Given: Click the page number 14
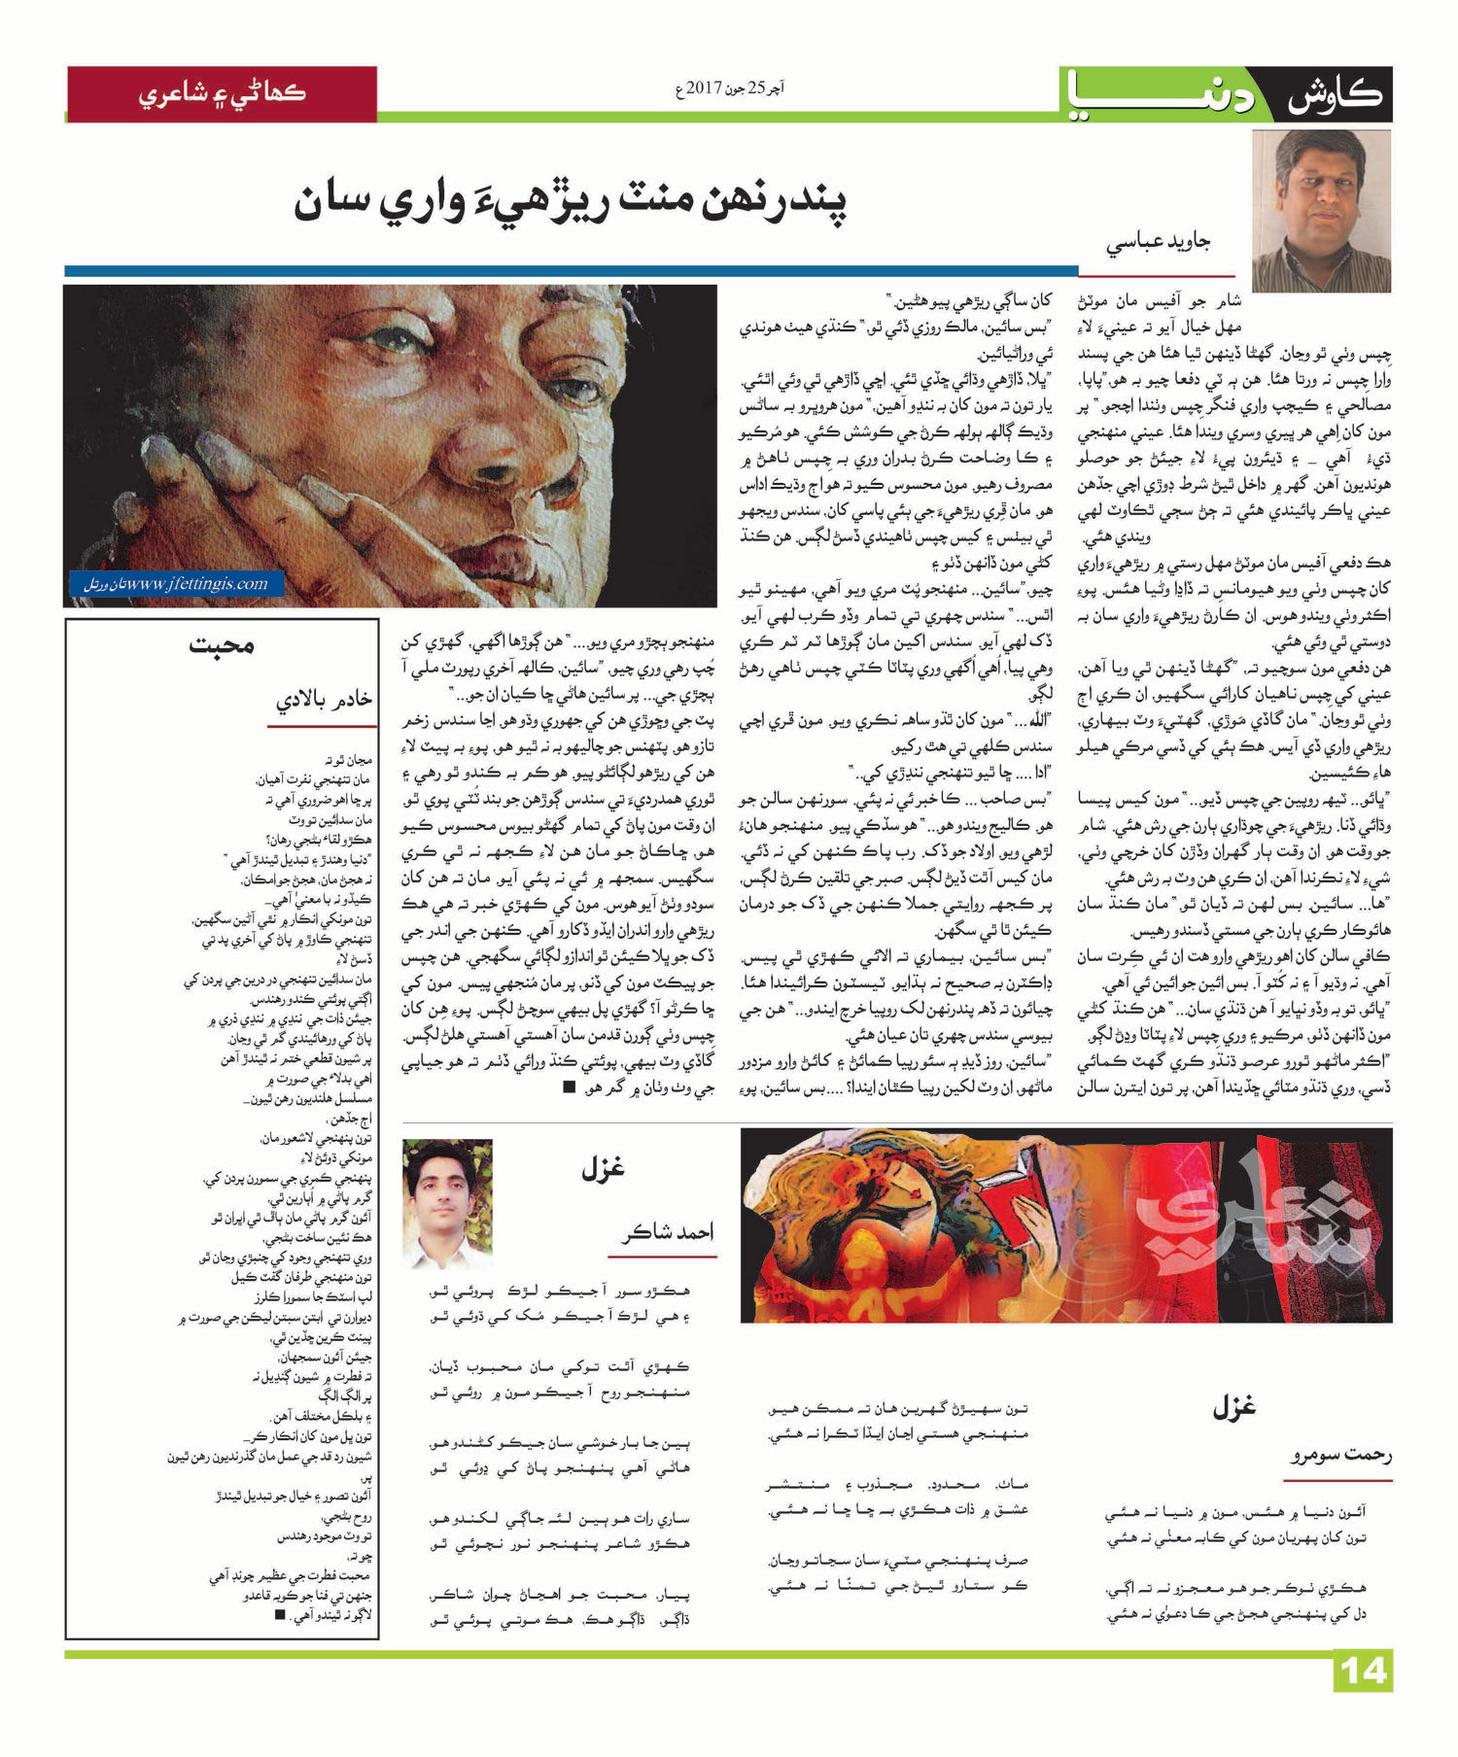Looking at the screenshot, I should coord(1363,1671).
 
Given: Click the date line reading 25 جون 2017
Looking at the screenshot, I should coord(729,88).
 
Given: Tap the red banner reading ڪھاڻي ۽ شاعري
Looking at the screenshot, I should coord(222,94).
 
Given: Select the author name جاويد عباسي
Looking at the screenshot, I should coord(1158,243).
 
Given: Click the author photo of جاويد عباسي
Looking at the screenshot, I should coord(1320,211).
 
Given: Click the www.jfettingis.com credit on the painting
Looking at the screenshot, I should coord(178,584).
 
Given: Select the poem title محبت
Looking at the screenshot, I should coord(222,645).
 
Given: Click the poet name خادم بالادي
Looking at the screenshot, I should coord(323,700).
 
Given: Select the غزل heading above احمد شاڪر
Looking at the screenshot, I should coord(603,1169).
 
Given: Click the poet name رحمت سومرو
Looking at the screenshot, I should coord(1340,1455).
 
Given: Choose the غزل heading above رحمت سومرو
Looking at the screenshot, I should coord(1233,1406).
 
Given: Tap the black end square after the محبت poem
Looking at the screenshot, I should coord(280,1614).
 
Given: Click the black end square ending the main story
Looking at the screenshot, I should coord(569,1087).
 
